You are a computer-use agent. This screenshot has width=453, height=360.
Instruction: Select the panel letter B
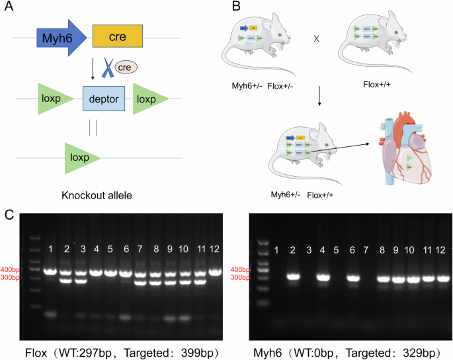pos(235,9)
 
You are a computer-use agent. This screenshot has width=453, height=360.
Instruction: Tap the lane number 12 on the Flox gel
pos(215,249)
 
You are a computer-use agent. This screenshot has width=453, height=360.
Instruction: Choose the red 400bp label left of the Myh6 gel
pos(240,270)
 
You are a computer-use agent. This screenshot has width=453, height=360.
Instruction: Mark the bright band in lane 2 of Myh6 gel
pos(294,277)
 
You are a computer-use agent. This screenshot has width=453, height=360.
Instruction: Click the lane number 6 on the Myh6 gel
pos(352,249)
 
